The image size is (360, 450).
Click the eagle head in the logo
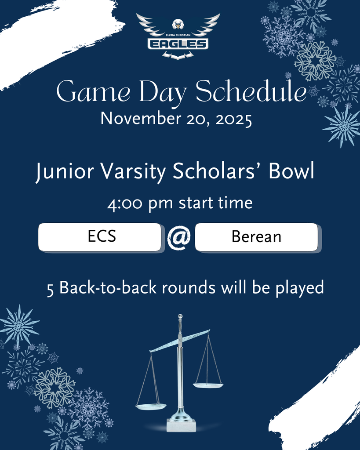[x=178, y=25]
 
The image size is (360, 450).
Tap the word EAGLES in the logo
[x=178, y=44]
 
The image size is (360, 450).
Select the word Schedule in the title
[x=251, y=93]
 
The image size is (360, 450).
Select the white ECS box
[x=100, y=237]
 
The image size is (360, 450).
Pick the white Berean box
[x=256, y=237]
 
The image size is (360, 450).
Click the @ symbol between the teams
[x=178, y=238]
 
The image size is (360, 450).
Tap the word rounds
[x=189, y=288]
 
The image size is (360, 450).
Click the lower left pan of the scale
[x=151, y=406]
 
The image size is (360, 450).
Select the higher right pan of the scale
[x=208, y=385]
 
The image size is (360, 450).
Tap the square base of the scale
[x=181, y=425]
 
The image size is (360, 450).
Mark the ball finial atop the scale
[x=180, y=316]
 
